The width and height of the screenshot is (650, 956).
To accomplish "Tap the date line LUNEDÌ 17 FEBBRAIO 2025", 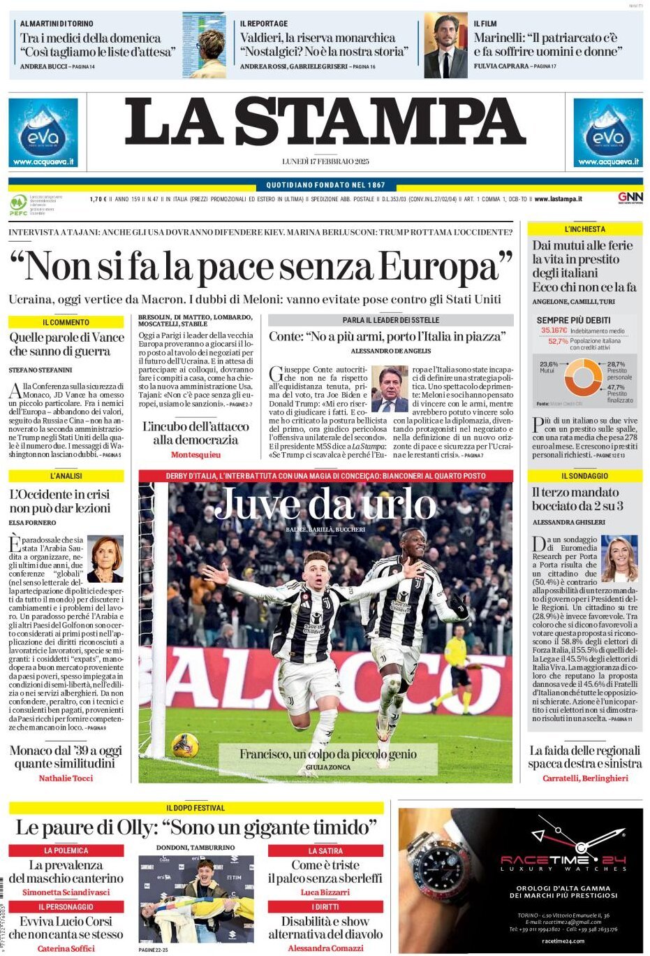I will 325,161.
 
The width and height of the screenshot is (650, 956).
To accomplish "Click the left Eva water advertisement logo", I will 43,133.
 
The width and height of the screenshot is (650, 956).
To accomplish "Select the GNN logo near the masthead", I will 630,198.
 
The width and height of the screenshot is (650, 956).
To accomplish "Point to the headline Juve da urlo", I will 325,505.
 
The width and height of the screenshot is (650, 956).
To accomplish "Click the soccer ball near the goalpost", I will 185,745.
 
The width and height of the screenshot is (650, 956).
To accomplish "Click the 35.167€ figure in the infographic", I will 554,331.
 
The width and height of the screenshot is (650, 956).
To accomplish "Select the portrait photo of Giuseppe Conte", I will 390,389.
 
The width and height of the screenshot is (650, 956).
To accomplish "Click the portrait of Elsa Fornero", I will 105,558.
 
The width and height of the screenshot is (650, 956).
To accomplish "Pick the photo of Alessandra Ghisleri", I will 620,558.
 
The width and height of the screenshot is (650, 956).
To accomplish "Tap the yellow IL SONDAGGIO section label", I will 584,476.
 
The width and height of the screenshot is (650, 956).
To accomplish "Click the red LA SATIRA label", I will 325,851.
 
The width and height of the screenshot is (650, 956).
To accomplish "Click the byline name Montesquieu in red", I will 195,455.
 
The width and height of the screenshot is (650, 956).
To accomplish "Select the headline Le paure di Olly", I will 196,828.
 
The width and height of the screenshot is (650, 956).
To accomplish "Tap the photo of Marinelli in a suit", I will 445,45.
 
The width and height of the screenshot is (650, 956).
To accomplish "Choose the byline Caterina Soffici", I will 66,948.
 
